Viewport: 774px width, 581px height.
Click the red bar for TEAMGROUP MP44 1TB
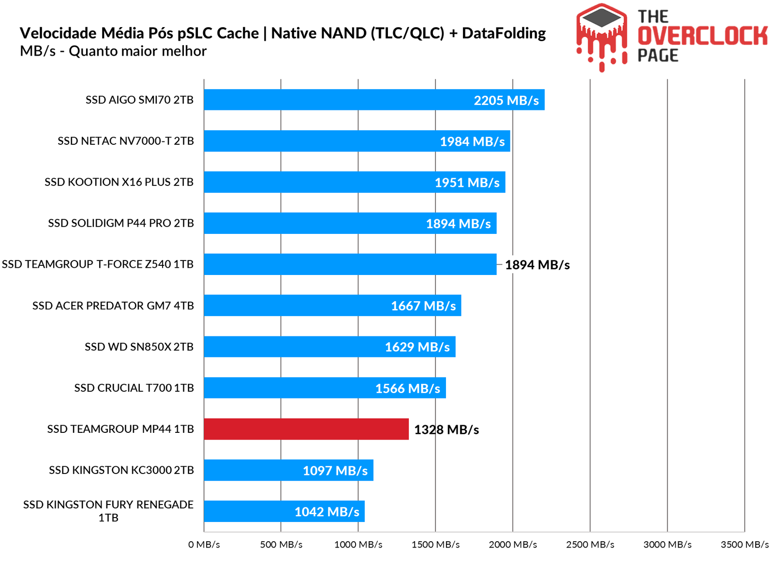click(306, 429)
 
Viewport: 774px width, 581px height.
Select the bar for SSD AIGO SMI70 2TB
click(339, 100)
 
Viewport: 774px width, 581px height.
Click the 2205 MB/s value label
click(506, 100)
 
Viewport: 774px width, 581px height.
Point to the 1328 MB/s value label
click(447, 429)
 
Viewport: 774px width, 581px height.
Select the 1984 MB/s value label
click(472, 141)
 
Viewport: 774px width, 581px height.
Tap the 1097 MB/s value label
click(335, 471)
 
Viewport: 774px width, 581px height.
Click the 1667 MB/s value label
click(423, 306)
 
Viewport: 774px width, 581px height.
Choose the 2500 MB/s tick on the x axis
click(590, 544)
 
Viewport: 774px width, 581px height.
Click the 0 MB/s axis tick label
click(204, 544)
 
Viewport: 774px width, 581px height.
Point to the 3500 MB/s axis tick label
click(744, 544)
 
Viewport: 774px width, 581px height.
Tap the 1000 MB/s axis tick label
click(358, 544)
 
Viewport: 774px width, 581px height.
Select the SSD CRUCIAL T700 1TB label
click(134, 388)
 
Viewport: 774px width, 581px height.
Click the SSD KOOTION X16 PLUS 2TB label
click(119, 182)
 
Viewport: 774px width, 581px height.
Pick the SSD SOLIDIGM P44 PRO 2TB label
click(121, 223)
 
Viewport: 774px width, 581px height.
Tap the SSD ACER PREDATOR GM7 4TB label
click(113, 306)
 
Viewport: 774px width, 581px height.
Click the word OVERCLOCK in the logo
click(702, 36)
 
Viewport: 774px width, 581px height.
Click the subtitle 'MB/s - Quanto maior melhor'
click(113, 51)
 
